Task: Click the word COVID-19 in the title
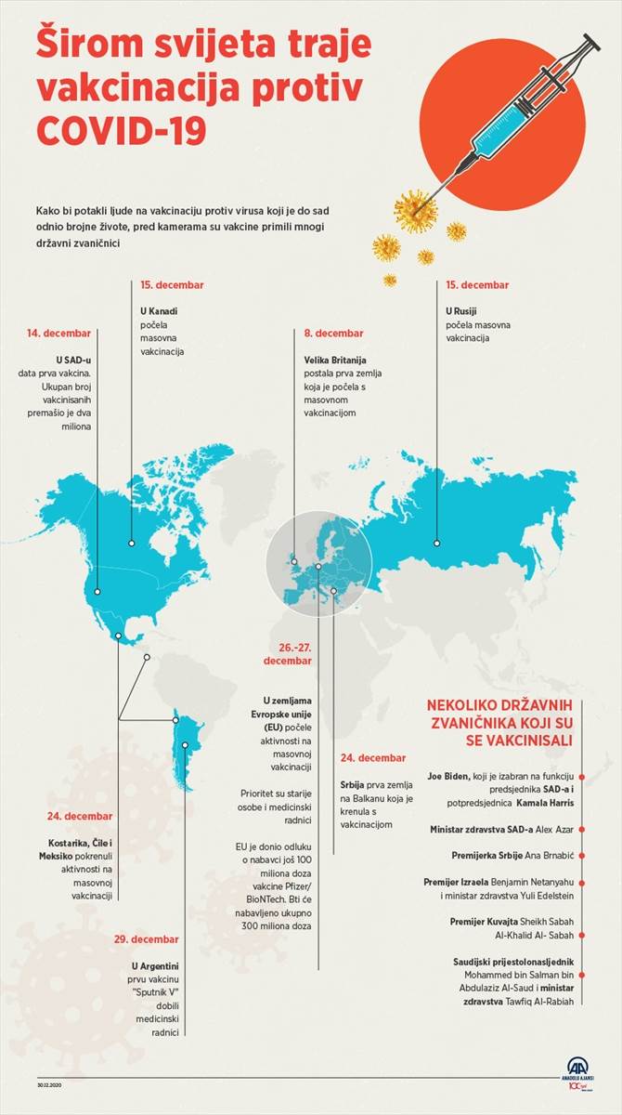121,129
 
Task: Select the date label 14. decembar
59,332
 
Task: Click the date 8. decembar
334,333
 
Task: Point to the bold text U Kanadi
158,311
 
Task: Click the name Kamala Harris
541,802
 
